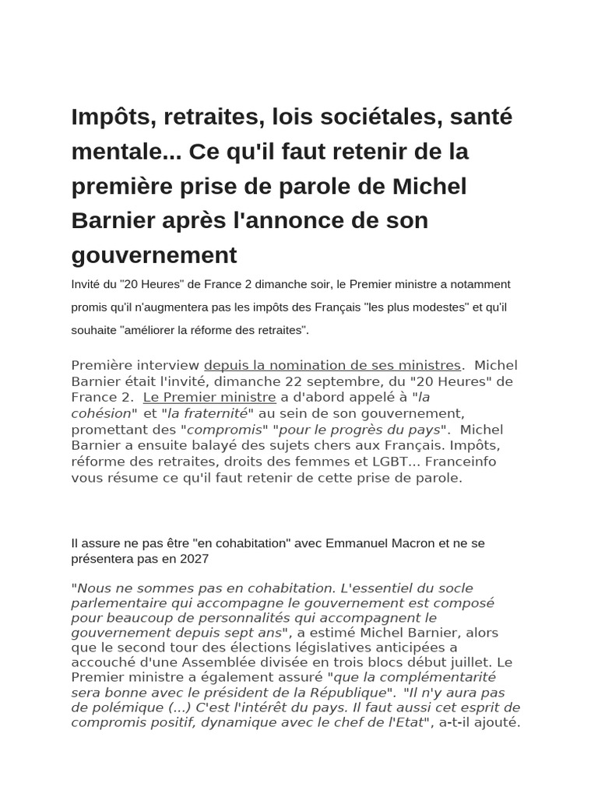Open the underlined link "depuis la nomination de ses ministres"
332,365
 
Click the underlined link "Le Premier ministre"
209,397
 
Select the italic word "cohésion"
101,413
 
